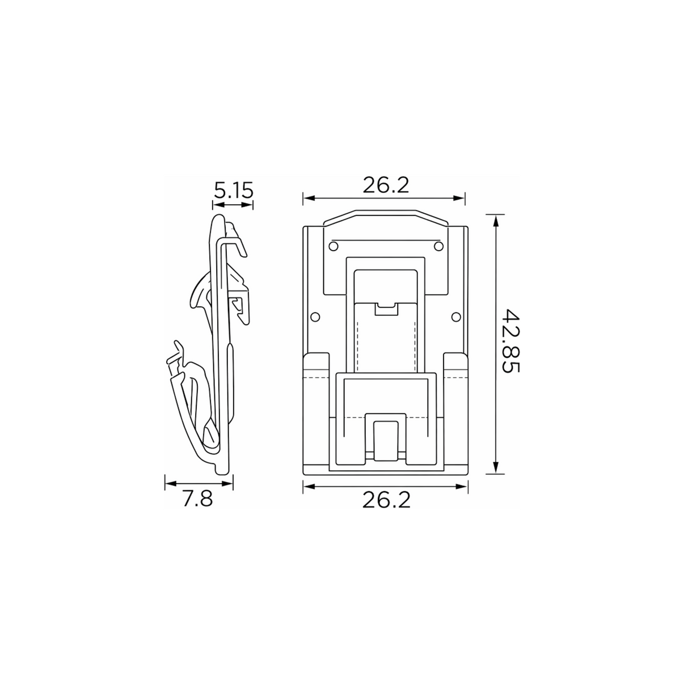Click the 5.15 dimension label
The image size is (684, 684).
(x=233, y=190)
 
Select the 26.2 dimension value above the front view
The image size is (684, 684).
(x=386, y=185)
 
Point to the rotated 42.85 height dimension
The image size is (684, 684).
(x=512, y=341)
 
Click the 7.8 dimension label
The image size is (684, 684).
(x=198, y=499)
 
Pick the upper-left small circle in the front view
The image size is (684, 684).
(x=333, y=246)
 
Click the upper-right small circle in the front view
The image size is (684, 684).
(x=439, y=246)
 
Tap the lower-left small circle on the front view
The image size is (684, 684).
(x=315, y=316)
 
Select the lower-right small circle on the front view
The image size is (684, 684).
(x=457, y=316)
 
